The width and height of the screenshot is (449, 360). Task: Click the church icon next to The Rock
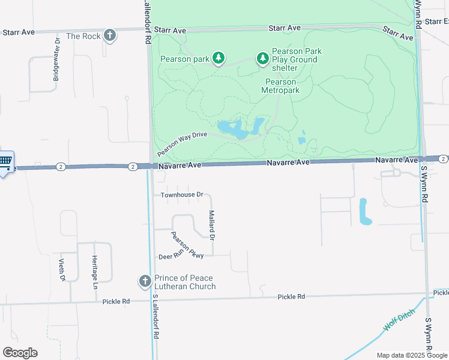(x=110, y=35)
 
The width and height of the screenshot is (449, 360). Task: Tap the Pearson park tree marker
(x=220, y=58)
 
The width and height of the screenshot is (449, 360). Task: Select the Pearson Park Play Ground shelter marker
(x=262, y=58)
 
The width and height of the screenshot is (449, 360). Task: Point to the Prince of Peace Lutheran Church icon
(x=145, y=281)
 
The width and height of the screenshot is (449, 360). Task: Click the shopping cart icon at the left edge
(x=5, y=161)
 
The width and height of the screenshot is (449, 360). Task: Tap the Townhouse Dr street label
(x=182, y=195)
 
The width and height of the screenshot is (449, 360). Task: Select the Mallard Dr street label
(x=211, y=224)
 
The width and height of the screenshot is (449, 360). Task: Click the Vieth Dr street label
(x=61, y=269)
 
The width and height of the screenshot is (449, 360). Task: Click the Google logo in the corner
(x=20, y=353)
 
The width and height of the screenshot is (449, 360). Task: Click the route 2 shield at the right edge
(x=442, y=158)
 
